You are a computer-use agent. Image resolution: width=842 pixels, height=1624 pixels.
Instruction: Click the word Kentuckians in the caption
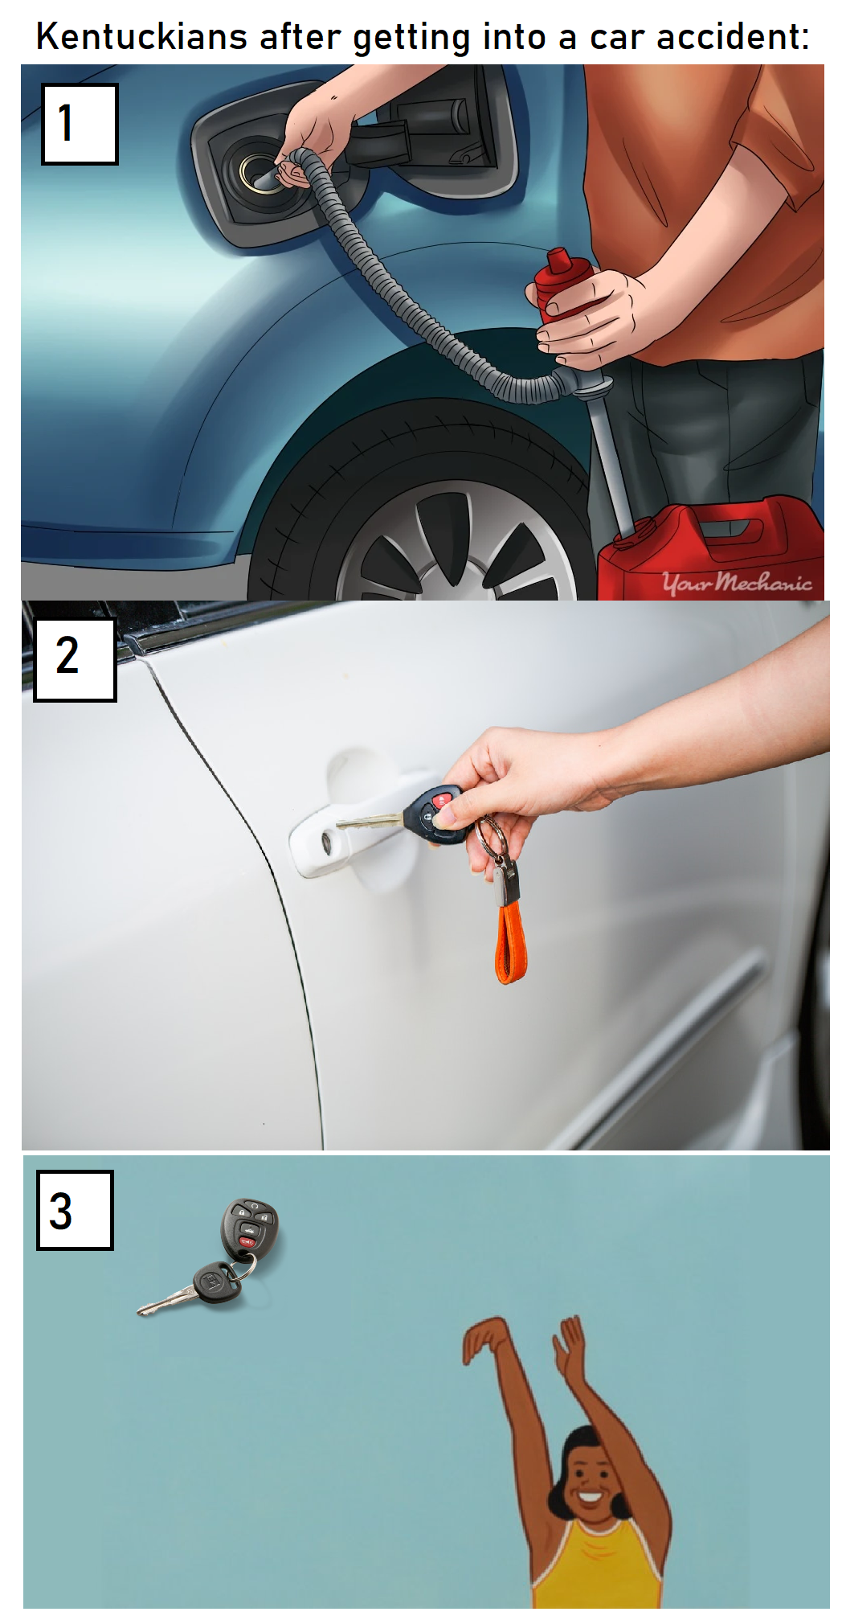pyautogui.click(x=141, y=36)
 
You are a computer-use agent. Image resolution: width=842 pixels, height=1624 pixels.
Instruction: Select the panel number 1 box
pyautogui.click(x=80, y=124)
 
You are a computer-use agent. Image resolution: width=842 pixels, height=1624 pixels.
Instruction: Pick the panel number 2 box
pyautogui.click(x=75, y=659)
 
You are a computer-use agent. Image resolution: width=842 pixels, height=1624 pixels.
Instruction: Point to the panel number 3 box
pyautogui.click(x=75, y=1209)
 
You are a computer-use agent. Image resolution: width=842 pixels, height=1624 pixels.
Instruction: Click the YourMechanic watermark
pyautogui.click(x=737, y=581)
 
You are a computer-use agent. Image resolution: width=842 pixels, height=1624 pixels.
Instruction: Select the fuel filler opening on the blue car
pyautogui.click(x=259, y=172)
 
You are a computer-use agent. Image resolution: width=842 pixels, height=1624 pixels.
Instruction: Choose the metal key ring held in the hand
pyautogui.click(x=491, y=836)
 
